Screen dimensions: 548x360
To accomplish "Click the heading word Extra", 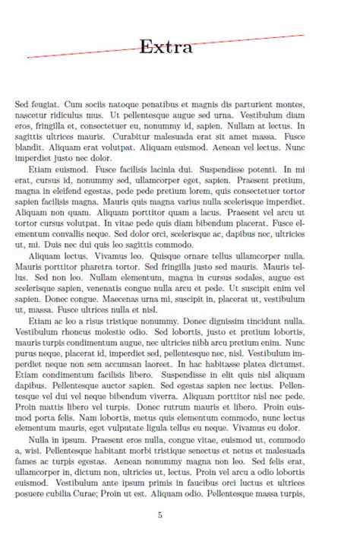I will tap(166, 47).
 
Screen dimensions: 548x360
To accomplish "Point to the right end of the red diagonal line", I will tap(305, 35).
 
